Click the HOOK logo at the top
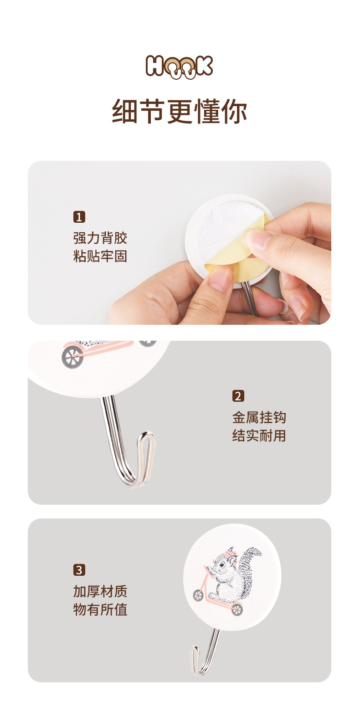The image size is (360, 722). pos(180,67)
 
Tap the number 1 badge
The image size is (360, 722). pos(79,217)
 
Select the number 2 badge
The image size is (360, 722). pos(238,396)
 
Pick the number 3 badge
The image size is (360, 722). pos(79,570)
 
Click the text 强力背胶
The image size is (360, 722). pos(100,238)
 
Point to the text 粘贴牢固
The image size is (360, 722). pos(100,256)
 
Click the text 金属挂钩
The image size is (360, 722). pos(259,417)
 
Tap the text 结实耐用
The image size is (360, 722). pos(259,435)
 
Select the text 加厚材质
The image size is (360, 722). pos(100,591)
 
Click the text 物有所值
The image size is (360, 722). pos(100,609)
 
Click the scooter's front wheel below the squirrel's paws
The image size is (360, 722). pos(198,595)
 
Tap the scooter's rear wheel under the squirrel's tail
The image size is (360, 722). pos(237,609)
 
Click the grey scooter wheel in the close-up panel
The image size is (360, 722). pos(73,356)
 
